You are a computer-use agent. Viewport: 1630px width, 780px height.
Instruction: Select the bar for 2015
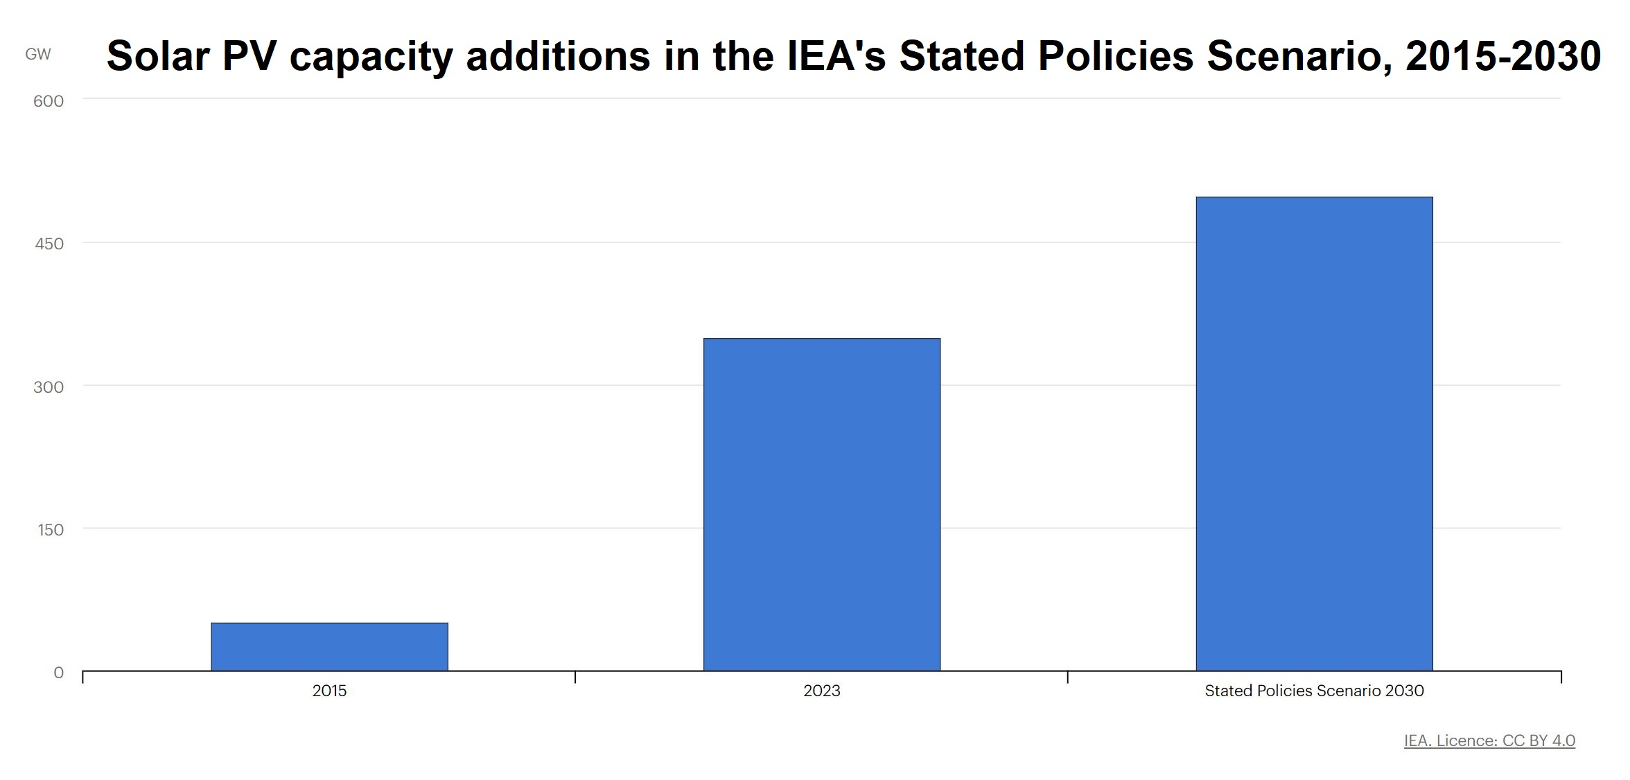coord(329,646)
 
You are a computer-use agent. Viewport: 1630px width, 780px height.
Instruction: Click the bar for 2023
coord(822,504)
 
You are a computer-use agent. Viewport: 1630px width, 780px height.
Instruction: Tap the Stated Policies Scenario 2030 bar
coord(1314,434)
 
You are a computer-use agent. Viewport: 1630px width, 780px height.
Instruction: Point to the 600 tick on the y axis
coord(49,101)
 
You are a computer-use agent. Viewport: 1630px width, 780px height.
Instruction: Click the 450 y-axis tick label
coord(49,244)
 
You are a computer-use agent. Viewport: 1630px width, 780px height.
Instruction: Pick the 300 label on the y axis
coord(49,387)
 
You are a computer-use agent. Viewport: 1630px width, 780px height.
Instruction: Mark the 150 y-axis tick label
coord(51,530)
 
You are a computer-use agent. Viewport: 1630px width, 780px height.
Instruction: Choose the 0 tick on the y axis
coord(59,673)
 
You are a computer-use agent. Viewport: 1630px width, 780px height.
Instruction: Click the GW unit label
coord(38,54)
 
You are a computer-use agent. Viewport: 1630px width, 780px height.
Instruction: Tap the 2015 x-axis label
coord(329,691)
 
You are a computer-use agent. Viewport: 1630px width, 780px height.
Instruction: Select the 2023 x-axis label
coord(822,691)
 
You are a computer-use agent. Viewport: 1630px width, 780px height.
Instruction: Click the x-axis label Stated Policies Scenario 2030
coord(1314,691)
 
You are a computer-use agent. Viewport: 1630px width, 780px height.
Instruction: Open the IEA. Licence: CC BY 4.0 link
coord(1489,741)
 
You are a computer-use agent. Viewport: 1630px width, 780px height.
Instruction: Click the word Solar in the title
coord(158,55)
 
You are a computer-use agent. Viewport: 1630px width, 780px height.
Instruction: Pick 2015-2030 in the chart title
coord(1503,55)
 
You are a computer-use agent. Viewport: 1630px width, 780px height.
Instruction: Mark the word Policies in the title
coord(1116,55)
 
